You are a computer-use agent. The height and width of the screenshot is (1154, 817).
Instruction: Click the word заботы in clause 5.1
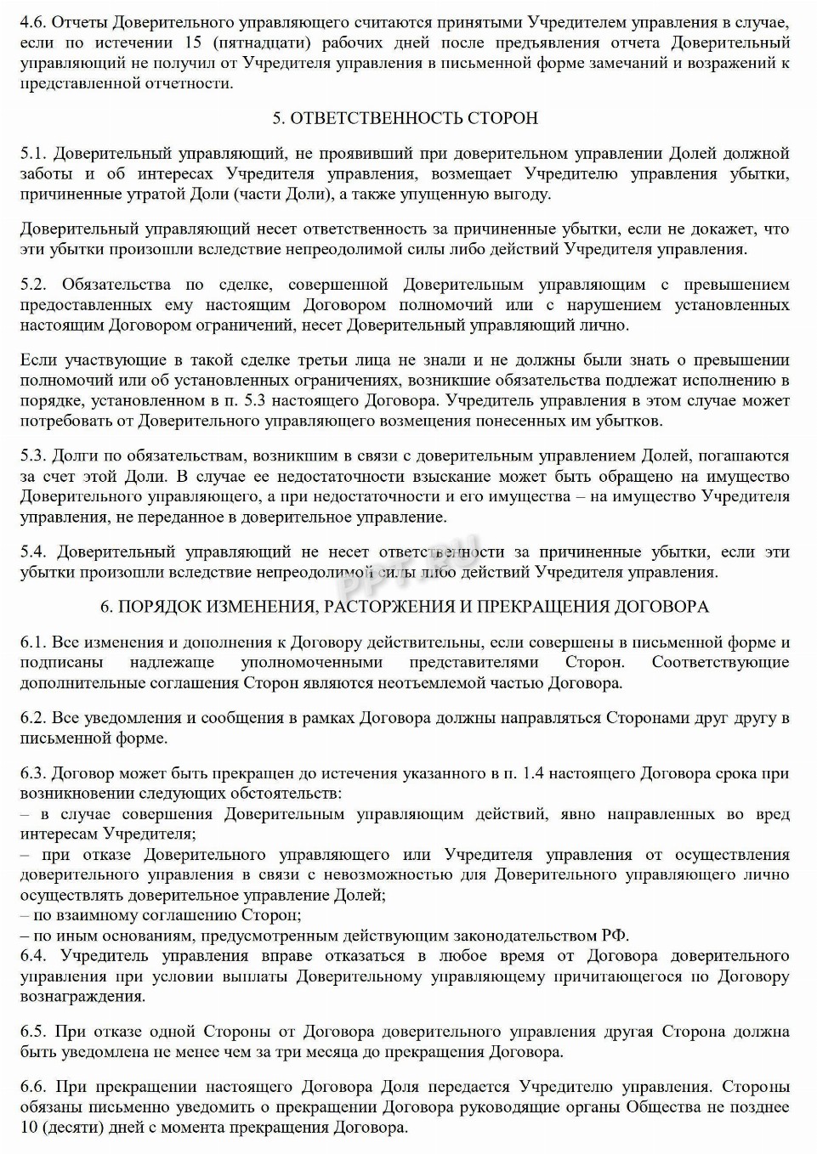click(x=43, y=174)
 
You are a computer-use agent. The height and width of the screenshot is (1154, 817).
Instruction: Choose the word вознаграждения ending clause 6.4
click(x=82, y=997)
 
